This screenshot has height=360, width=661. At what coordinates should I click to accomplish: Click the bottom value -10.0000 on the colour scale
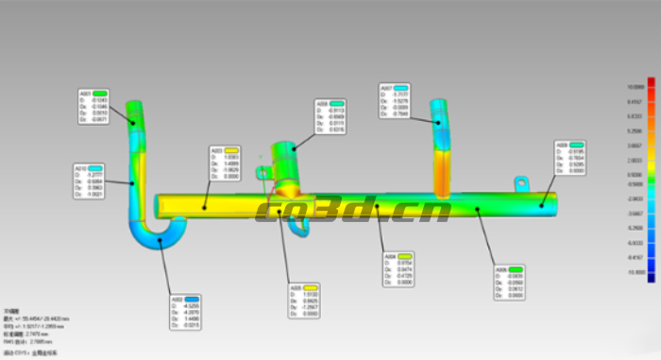coord(635,272)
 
